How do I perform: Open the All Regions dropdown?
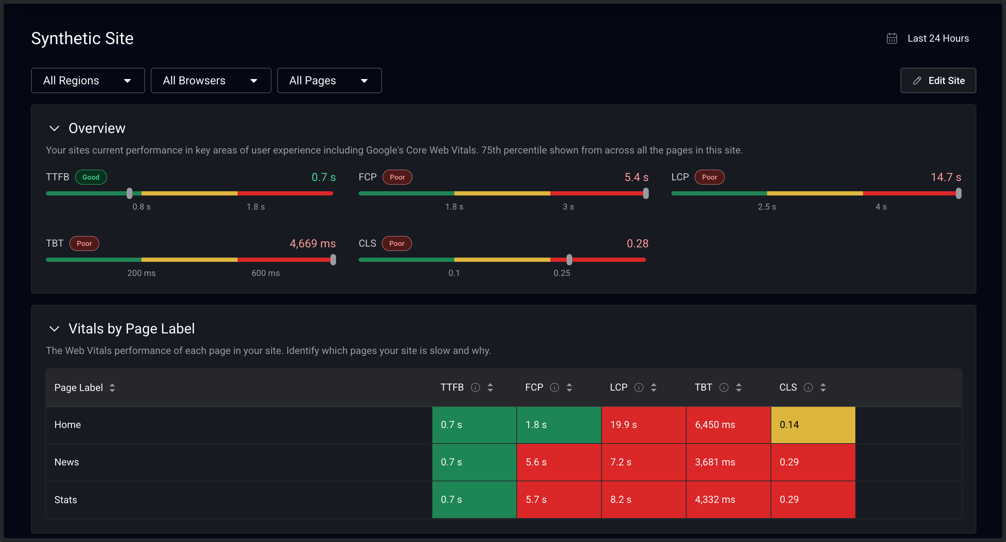click(x=88, y=80)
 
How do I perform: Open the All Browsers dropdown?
click(x=210, y=80)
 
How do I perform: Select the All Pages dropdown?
click(x=329, y=80)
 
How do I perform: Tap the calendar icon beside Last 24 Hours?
click(x=892, y=38)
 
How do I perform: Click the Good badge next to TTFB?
click(x=91, y=177)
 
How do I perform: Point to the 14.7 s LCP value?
click(x=946, y=177)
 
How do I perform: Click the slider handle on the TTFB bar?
click(x=130, y=193)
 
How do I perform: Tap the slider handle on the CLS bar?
click(x=569, y=260)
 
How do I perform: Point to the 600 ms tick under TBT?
click(x=265, y=273)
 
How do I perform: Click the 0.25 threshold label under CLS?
click(x=562, y=273)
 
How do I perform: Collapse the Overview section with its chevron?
click(x=54, y=128)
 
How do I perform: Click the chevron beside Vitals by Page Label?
click(x=54, y=329)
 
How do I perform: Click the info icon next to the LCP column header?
click(x=639, y=387)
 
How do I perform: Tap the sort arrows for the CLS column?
click(x=823, y=387)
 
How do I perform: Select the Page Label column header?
click(x=78, y=387)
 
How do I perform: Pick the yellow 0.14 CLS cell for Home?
click(x=813, y=425)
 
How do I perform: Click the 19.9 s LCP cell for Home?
click(x=643, y=425)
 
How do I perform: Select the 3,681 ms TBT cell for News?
click(x=728, y=462)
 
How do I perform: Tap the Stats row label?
click(x=66, y=500)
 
